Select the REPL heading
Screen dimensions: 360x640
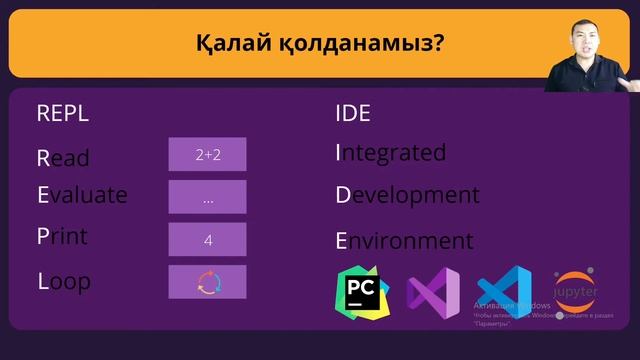click(63, 113)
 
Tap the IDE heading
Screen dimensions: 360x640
click(353, 113)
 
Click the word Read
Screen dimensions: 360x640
click(63, 158)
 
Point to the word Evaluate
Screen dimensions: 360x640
click(82, 195)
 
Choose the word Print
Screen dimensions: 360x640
click(62, 237)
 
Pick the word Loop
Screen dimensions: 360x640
click(64, 282)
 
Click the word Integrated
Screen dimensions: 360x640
click(390, 153)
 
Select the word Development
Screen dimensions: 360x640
click(407, 195)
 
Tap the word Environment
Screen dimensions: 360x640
click(404, 241)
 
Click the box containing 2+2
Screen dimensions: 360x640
click(207, 154)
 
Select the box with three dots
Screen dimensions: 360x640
click(207, 197)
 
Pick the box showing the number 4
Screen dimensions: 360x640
click(207, 240)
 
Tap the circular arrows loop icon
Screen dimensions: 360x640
click(207, 282)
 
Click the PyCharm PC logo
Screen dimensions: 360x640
click(361, 292)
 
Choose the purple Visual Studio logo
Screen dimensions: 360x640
click(433, 293)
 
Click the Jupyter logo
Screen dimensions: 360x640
click(575, 289)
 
